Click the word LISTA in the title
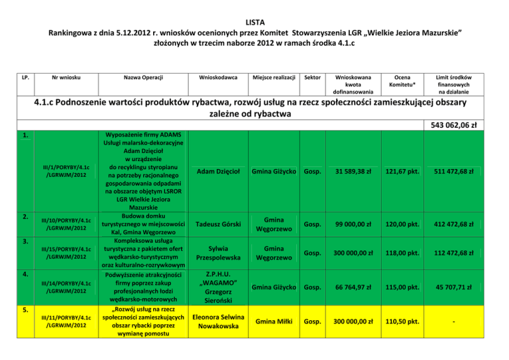point(254,21)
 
